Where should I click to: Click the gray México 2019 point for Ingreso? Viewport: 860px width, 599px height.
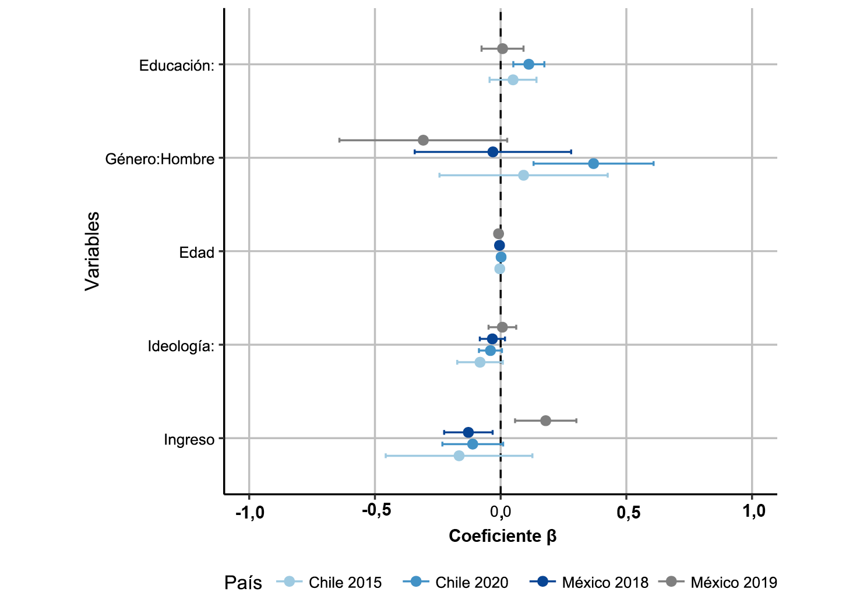pyautogui.click(x=545, y=421)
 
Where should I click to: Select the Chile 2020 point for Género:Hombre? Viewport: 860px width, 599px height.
pyautogui.click(x=593, y=164)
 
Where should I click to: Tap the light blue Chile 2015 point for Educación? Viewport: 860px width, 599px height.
pyautogui.click(x=513, y=80)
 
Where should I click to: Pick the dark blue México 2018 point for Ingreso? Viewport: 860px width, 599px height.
pyautogui.click(x=468, y=432)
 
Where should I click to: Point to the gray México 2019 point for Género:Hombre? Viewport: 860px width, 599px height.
pyautogui.click(x=423, y=141)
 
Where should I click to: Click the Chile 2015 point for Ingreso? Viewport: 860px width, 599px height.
pyautogui.click(x=459, y=456)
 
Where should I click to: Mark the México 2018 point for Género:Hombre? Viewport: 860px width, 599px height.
pyautogui.click(x=493, y=152)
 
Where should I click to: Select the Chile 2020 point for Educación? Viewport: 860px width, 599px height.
pyautogui.click(x=528, y=64)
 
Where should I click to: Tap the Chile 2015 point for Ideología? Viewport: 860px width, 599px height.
pyautogui.click(x=480, y=362)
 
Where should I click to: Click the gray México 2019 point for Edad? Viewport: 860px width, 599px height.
pyautogui.click(x=498, y=234)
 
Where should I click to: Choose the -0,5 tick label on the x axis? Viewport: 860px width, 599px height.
pyautogui.click(x=376, y=511)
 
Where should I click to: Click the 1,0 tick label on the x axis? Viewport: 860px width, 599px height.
pyautogui.click(x=754, y=511)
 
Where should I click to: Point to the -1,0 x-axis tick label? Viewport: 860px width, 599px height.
pyautogui.click(x=249, y=512)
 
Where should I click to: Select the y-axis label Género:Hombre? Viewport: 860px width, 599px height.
pyautogui.click(x=160, y=159)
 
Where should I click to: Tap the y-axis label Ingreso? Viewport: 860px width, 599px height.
pyautogui.click(x=189, y=439)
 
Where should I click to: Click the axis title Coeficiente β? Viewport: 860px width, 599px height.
pyautogui.click(x=502, y=536)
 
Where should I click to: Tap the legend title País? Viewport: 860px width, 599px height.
pyautogui.click(x=243, y=582)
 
